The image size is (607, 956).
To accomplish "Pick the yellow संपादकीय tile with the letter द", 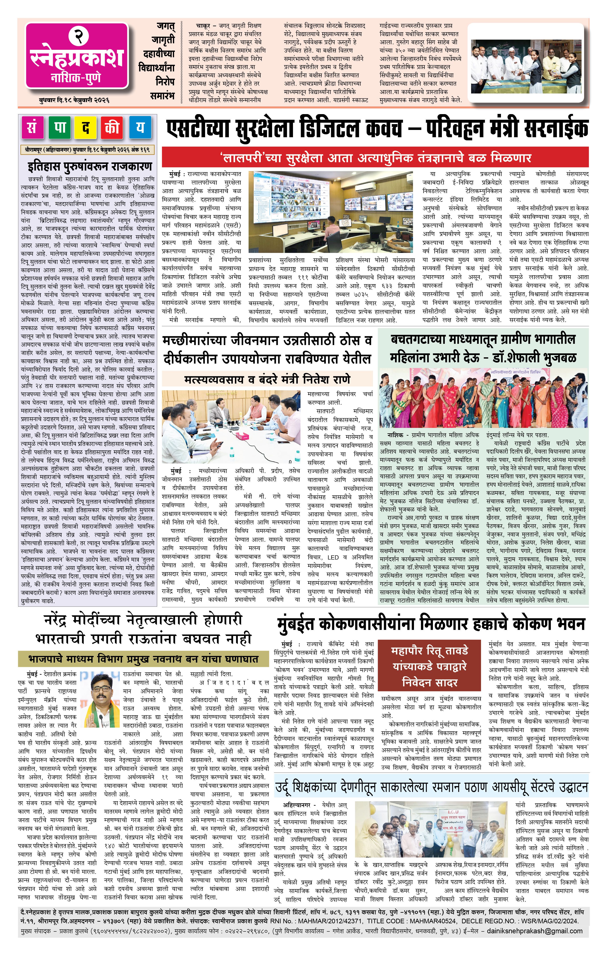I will [86, 128].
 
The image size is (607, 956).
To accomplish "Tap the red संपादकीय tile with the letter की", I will [113, 128].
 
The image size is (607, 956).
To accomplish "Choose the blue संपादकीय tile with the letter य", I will [140, 128].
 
